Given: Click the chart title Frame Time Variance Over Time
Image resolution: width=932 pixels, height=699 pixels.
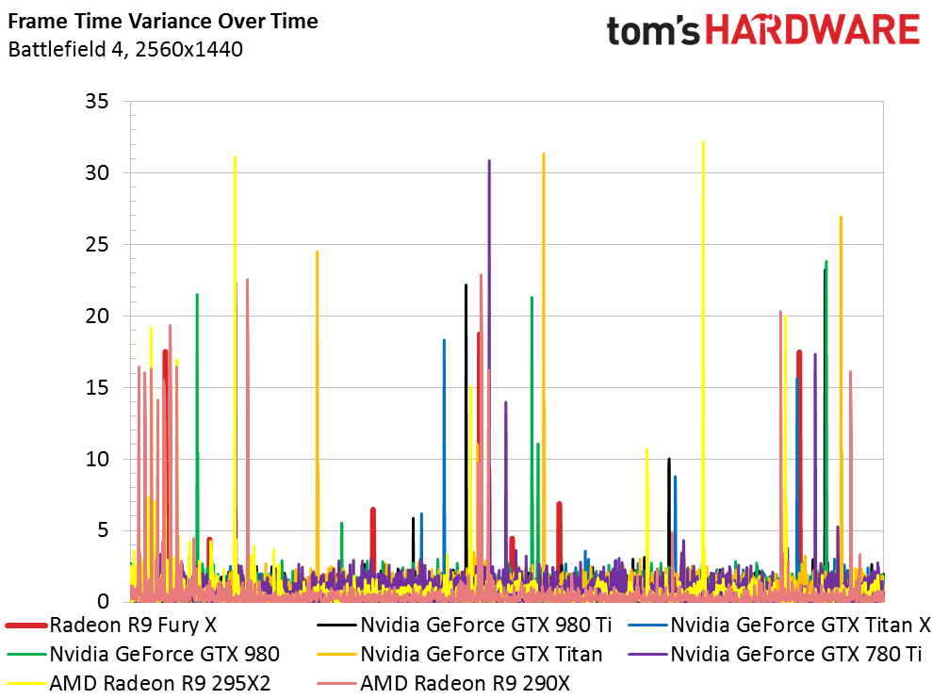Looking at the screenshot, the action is (163, 22).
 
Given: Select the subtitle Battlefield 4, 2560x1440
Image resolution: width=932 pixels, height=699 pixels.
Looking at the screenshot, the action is (125, 49).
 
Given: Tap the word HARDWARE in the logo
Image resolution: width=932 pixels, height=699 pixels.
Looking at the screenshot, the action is (813, 30).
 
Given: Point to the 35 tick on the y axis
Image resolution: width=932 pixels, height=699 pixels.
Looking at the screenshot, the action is (97, 101).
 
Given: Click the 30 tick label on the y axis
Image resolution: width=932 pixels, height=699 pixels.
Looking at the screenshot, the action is (97, 173).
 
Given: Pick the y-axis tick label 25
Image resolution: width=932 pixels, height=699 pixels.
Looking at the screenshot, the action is (97, 244).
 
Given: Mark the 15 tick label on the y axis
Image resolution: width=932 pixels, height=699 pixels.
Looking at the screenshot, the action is (97, 387).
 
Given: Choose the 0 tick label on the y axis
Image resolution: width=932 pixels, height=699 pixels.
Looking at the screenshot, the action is (103, 602).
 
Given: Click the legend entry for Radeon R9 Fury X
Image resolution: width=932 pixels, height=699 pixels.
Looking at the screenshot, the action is (111, 626).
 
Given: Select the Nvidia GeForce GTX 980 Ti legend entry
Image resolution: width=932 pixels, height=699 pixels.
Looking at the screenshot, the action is (465, 626).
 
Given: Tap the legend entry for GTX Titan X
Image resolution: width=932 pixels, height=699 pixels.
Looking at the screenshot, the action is (779, 626).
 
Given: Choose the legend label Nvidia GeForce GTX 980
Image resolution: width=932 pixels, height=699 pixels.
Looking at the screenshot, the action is (143, 655).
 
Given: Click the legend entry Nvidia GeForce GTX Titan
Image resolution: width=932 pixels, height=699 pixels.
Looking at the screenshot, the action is (460, 655).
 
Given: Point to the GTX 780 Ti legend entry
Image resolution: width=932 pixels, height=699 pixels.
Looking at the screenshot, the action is (775, 655).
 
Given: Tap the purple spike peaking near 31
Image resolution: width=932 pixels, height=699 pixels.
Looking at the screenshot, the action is (489, 357).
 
